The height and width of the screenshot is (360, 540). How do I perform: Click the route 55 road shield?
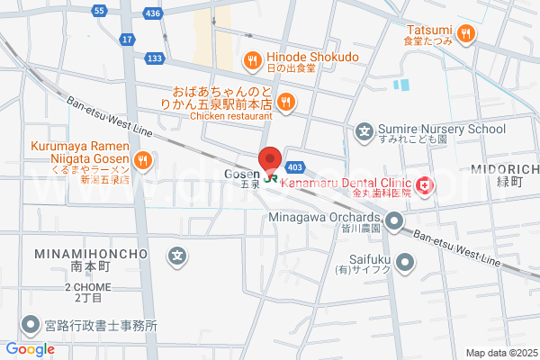pyautogui.click(x=100, y=10)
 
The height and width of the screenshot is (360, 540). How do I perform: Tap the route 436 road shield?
pyautogui.click(x=155, y=14)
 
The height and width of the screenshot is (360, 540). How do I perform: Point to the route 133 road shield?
pyautogui.click(x=155, y=58)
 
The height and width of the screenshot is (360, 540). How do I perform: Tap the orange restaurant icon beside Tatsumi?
pyautogui.click(x=465, y=34)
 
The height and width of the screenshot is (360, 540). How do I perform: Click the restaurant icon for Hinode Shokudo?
pyautogui.click(x=252, y=61)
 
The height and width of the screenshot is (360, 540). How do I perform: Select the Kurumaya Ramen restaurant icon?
pyautogui.click(x=141, y=161)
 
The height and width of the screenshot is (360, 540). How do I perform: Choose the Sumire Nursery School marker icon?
pyautogui.click(x=364, y=132)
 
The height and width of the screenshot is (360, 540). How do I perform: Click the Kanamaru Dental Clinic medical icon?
pyautogui.click(x=423, y=186)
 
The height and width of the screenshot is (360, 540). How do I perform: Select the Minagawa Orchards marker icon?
pyautogui.click(x=396, y=220)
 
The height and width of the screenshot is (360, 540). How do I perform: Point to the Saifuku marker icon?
pyautogui.click(x=405, y=263)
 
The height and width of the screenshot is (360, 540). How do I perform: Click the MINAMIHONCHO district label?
pyautogui.click(x=91, y=255)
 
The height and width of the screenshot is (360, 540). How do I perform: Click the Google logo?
pyautogui.click(x=31, y=349)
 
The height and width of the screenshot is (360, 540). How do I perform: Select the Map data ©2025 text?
pyautogui.click(x=499, y=352)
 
